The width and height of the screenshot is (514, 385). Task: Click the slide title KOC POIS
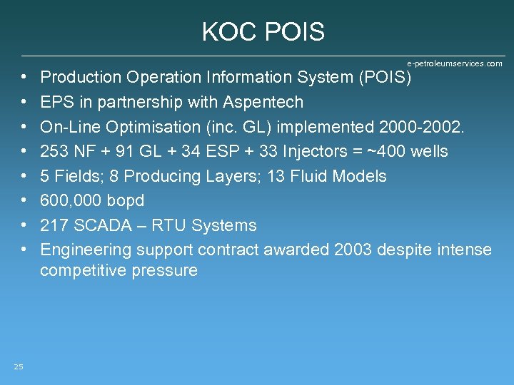tap(263, 32)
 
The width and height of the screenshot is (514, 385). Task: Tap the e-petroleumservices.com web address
tap(454, 63)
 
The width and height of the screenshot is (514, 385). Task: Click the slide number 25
tap(19, 366)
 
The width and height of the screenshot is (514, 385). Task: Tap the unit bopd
tap(125, 201)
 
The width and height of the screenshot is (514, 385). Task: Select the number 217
tap(55, 225)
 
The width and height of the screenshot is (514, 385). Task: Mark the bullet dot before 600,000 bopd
tap(24, 201)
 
